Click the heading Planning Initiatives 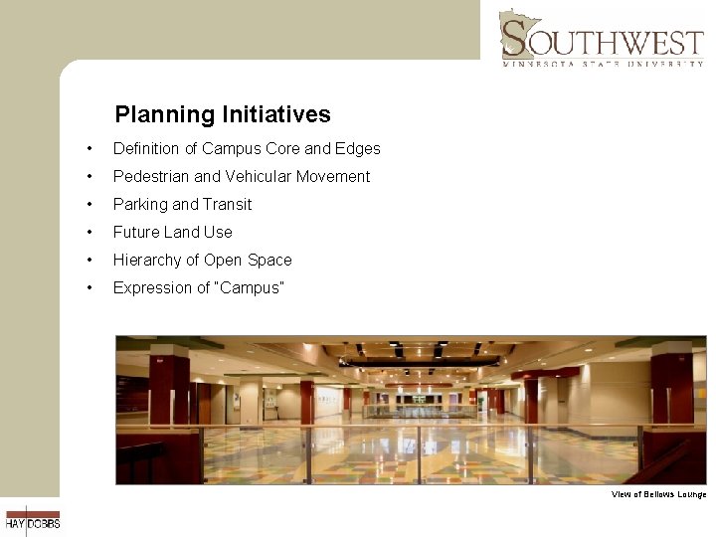(223, 114)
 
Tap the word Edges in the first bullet (358, 148)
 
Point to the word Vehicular (257, 176)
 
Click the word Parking (140, 204)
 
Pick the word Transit (228, 204)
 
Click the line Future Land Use (172, 232)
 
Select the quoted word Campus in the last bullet (256, 287)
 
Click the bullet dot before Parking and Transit (90, 205)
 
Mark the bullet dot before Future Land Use (90, 233)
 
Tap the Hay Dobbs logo (32, 520)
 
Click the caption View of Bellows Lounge (658, 494)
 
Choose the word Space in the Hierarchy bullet (270, 260)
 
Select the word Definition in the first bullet (146, 148)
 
